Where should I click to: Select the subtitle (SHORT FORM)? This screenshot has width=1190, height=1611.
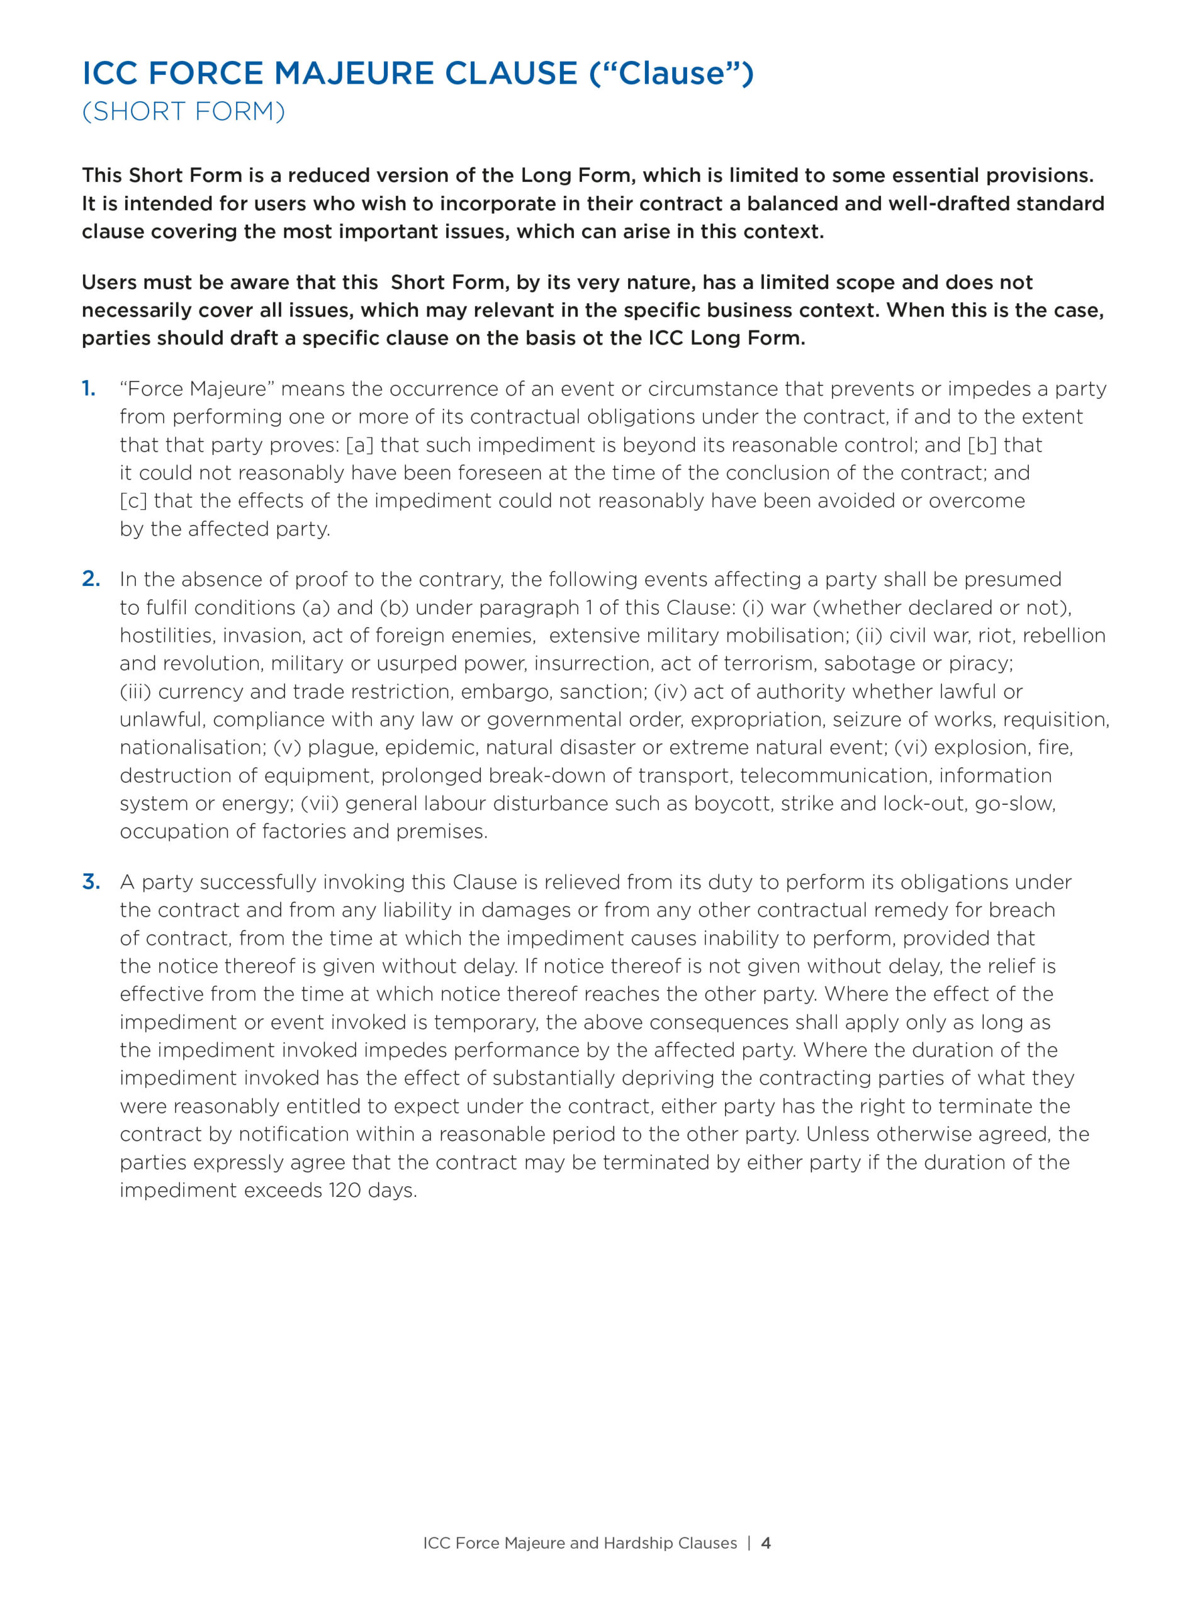[x=184, y=111]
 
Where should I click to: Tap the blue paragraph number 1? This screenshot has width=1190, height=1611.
[x=89, y=389]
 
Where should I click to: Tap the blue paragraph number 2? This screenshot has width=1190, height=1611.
[x=91, y=579]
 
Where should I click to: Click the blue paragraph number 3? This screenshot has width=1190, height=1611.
[x=91, y=882]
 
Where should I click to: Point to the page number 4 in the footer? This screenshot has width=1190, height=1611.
[x=766, y=1542]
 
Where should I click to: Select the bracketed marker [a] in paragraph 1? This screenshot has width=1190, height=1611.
[x=359, y=445]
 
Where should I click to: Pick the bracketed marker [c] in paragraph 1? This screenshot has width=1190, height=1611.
[x=133, y=501]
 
